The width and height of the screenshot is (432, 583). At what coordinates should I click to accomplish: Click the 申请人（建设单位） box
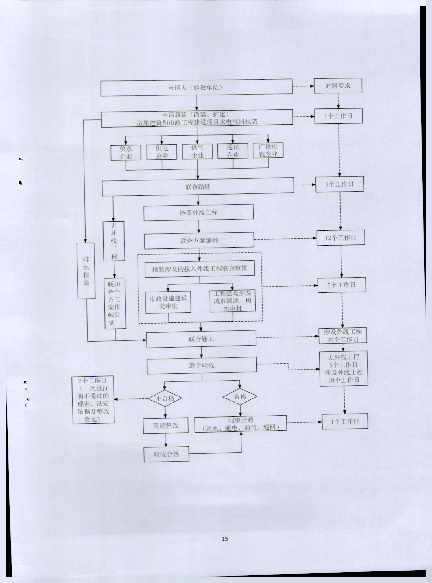coord(196,88)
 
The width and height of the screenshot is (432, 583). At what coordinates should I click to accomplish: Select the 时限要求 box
coord(338,86)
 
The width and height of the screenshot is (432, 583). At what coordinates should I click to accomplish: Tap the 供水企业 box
coord(126,153)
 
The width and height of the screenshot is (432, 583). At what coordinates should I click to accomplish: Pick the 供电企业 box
coord(162,152)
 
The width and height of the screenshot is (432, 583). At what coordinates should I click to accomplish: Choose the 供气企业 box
coord(197,152)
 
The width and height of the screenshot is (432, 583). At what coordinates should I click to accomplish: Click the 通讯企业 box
coord(233,151)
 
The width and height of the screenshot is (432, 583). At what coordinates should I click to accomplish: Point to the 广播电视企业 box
coord(268,150)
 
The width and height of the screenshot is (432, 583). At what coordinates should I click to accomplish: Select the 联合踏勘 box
coord(198,187)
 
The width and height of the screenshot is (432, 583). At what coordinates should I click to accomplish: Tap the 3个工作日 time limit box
coord(339,184)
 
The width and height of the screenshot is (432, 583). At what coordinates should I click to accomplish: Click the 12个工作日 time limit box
coord(341,238)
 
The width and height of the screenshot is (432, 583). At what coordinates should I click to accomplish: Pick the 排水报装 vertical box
coord(86,271)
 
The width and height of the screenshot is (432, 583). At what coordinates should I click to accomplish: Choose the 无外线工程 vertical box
coord(114,241)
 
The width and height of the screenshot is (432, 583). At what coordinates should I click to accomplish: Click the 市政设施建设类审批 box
coord(168,302)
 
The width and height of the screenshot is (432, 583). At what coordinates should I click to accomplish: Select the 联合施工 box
coord(201,339)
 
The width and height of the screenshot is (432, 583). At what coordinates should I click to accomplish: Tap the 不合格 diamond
coord(165,398)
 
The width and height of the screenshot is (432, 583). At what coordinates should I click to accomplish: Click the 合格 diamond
coord(240,397)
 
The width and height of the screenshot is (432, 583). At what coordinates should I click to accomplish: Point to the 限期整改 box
coord(166,425)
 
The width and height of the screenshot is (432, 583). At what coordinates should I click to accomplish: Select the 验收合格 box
coord(166,454)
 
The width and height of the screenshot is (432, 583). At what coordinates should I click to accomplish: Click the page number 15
coord(225,539)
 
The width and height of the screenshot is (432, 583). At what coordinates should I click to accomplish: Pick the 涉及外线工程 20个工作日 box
coord(343,336)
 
